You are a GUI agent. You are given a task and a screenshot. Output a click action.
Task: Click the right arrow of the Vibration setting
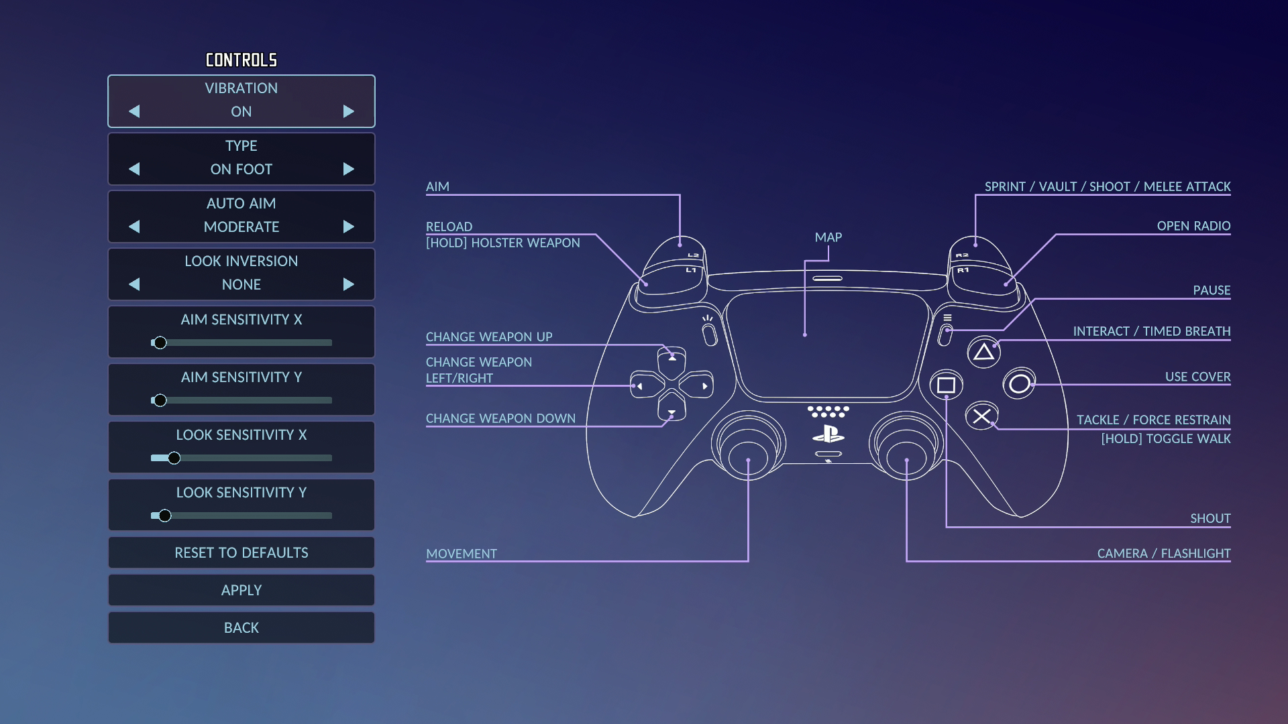coord(348,111)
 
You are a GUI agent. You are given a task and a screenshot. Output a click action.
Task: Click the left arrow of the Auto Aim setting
coord(134,227)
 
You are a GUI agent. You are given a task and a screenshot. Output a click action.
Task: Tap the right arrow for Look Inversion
coord(348,284)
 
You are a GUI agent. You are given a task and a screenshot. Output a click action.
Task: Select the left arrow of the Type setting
coord(134,169)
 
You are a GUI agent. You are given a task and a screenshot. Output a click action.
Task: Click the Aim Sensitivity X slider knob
coord(160,343)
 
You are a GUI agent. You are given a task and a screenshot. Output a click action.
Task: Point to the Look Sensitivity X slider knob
coord(174,458)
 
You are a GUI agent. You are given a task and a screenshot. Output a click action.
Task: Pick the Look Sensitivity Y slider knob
coord(165,516)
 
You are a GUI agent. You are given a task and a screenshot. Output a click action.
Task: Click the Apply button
coord(241,590)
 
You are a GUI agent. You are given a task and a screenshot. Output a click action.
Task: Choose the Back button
coord(241,627)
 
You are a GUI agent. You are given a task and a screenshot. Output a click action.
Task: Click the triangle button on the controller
coord(983,352)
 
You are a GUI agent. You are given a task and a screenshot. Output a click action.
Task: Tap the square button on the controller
coord(946,385)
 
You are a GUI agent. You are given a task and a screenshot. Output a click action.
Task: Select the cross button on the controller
coord(981,416)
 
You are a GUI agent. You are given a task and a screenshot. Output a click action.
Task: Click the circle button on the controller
coord(1019,383)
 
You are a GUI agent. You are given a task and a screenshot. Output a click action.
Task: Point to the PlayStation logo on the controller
coord(828,434)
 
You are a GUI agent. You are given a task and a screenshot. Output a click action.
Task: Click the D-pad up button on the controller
coord(672,359)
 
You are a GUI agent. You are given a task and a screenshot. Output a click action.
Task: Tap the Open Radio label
coord(1193,226)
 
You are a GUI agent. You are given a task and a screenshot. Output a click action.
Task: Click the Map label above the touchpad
coord(828,237)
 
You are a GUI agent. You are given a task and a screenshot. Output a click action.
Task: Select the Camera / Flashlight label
coord(1163,553)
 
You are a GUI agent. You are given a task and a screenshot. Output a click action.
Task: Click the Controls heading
coord(241,60)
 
